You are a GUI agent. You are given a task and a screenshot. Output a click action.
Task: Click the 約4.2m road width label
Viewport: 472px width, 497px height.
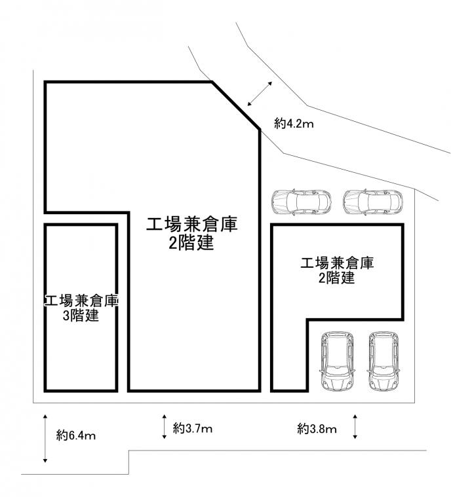click(294, 123)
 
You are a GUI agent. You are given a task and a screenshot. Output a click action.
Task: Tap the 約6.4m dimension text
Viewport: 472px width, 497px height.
click(76, 435)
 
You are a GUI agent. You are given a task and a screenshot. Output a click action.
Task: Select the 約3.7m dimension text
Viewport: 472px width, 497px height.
click(192, 428)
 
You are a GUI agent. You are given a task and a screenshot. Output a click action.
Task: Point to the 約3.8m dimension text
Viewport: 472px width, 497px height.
click(317, 429)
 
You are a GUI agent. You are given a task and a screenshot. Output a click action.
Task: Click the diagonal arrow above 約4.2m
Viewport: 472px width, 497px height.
click(260, 94)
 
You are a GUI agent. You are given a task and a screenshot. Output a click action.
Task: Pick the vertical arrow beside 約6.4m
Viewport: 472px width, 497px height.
click(45, 438)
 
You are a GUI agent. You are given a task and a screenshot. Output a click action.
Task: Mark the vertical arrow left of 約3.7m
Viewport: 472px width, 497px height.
click(164, 426)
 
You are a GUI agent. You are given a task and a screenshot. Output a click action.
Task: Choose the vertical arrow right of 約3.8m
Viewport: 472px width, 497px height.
click(355, 426)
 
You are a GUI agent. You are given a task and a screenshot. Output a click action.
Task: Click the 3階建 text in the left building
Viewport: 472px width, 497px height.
click(81, 316)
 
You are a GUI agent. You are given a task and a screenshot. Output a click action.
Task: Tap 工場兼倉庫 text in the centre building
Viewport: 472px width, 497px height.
click(191, 225)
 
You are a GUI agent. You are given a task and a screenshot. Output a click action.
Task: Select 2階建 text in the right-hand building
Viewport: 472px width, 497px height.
click(336, 278)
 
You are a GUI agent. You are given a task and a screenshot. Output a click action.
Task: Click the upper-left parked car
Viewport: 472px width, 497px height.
click(302, 202)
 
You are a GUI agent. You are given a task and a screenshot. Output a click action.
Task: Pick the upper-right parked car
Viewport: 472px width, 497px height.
click(372, 202)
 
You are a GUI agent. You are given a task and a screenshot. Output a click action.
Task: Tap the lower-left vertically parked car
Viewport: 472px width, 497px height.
click(338, 361)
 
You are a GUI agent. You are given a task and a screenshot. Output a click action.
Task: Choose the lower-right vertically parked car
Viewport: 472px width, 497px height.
click(383, 361)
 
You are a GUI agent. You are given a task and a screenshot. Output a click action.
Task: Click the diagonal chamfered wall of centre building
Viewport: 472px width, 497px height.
click(236, 105)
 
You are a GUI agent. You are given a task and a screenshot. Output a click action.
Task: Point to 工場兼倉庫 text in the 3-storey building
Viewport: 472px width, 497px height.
click(81, 301)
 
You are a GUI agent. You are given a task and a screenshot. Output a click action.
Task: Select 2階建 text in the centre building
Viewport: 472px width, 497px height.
click(191, 243)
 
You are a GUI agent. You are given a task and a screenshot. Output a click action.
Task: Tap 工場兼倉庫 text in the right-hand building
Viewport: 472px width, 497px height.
click(337, 263)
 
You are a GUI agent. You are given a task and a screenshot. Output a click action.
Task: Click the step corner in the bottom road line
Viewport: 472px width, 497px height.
click(129, 451)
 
